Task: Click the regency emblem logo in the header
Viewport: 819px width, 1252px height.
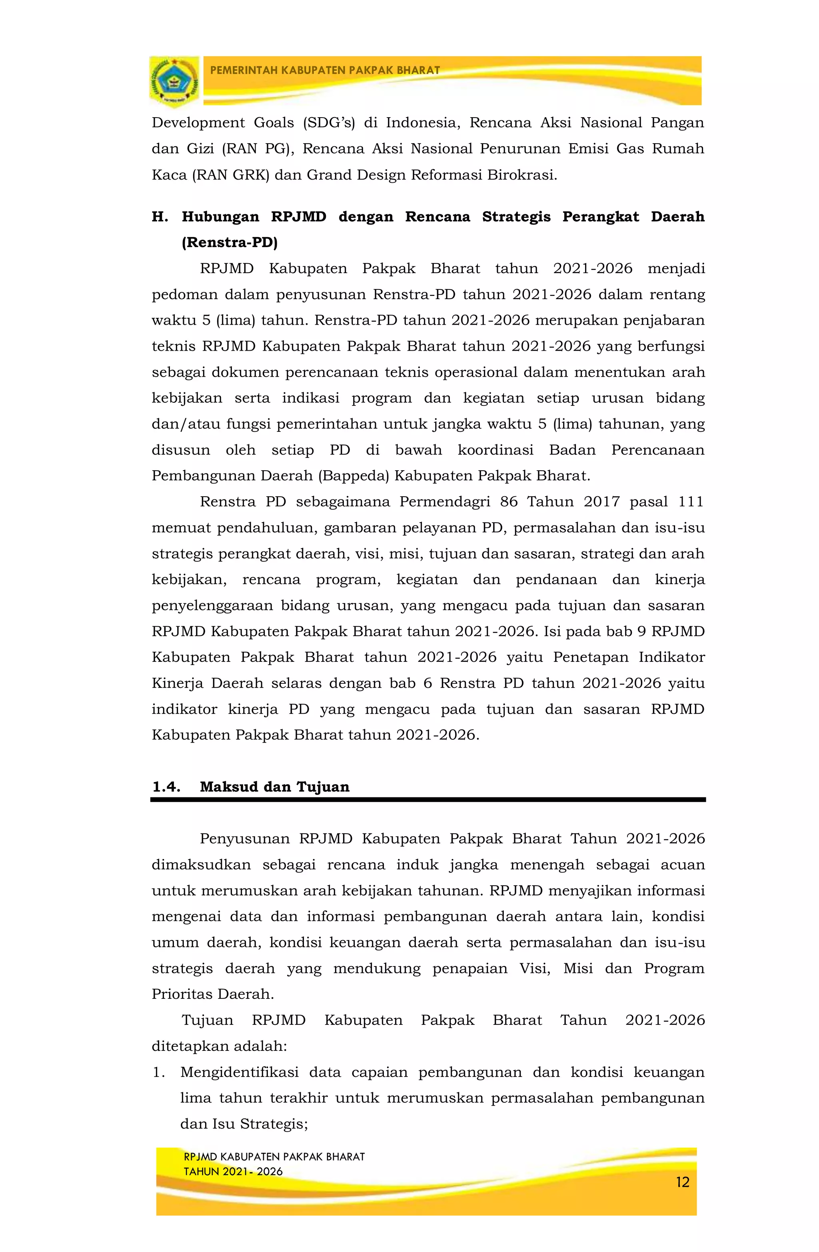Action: pos(174,82)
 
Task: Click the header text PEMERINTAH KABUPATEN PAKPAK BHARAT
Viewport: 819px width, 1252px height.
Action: pos(325,70)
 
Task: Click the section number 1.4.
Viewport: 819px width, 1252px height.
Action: pos(166,787)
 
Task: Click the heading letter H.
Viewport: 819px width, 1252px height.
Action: pos(160,217)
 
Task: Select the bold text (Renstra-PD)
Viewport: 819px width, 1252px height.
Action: pos(229,242)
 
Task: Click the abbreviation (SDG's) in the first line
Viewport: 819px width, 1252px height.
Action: pos(329,123)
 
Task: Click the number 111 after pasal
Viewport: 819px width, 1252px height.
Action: pos(691,501)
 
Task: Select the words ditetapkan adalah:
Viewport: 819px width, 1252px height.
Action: pos(219,1046)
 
